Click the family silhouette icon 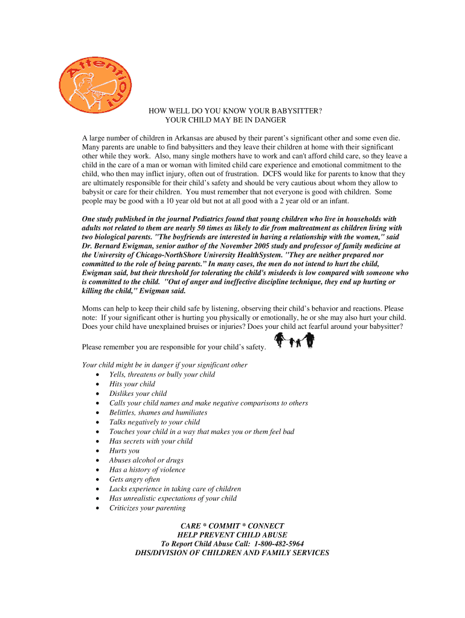295,341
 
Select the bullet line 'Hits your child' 132,384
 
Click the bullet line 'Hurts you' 124,451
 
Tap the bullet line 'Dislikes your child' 138,393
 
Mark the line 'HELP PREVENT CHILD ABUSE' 232,535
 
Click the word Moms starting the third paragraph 92,308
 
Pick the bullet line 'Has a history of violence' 147,470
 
